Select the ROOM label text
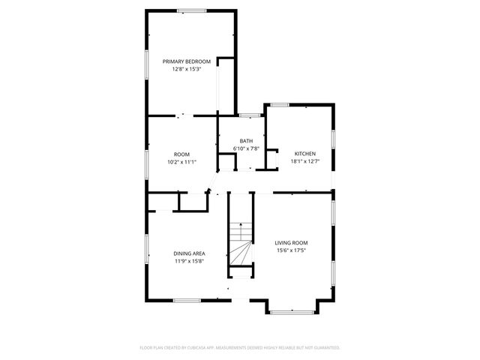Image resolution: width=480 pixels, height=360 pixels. pyautogui.click(x=181, y=154)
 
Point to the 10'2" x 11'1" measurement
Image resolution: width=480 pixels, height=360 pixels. pyautogui.click(x=181, y=161)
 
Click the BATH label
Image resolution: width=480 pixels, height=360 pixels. pyautogui.click(x=246, y=141)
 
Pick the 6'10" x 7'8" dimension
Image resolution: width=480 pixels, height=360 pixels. pyautogui.click(x=246, y=148)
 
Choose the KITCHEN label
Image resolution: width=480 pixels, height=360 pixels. pyautogui.click(x=304, y=154)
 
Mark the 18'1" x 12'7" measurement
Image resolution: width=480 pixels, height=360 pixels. pyautogui.click(x=304, y=161)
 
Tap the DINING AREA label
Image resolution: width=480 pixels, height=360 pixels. pyautogui.click(x=190, y=253)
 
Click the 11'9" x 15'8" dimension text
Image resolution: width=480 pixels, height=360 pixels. pyautogui.click(x=190, y=261)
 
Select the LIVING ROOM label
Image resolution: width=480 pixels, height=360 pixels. pyautogui.click(x=291, y=243)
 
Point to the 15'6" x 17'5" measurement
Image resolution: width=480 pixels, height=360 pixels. pyautogui.click(x=291, y=250)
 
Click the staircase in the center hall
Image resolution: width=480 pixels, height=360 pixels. pyautogui.click(x=240, y=244)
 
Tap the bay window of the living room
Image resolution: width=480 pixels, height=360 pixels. pyautogui.click(x=292, y=311)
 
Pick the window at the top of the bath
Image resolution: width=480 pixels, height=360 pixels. pyautogui.click(x=250, y=115)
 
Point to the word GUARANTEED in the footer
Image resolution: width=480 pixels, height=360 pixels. pyautogui.click(x=324, y=348)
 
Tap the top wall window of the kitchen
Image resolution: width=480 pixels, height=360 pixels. pyautogui.click(x=280, y=105)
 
